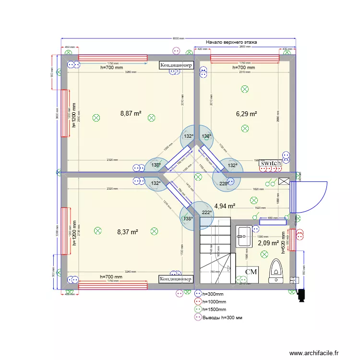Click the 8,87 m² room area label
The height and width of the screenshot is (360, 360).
(131, 114)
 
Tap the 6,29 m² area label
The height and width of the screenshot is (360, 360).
(246, 114)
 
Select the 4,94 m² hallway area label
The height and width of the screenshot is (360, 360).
(225, 206)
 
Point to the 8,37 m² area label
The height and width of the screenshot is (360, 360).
(128, 232)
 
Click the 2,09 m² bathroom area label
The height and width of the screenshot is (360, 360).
(268, 243)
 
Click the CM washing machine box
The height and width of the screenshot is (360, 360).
(251, 272)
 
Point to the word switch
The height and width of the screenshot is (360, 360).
(270, 163)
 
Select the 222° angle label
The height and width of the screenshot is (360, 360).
(206, 213)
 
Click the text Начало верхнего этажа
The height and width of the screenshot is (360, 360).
(231, 43)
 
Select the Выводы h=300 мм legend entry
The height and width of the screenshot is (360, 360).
(222, 318)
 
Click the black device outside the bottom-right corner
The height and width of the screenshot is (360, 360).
(302, 296)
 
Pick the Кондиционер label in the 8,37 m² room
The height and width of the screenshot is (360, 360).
(176, 279)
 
